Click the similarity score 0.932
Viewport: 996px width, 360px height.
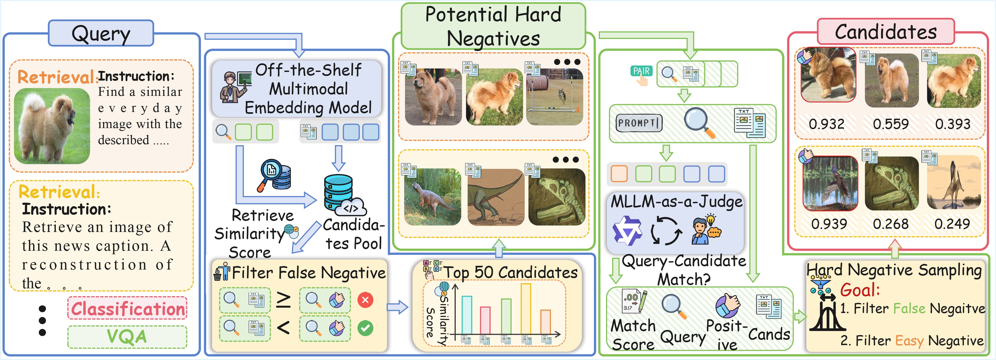coord(826,124)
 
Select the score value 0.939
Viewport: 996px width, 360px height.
coord(829,224)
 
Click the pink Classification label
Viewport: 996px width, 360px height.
coord(127,308)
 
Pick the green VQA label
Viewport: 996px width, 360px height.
coord(127,336)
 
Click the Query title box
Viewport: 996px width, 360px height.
coord(101,34)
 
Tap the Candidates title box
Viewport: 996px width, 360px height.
coord(885,32)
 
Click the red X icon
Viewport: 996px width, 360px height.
coord(365,300)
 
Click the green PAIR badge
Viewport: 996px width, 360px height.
coord(641,71)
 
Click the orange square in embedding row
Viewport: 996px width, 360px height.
coord(619,174)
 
